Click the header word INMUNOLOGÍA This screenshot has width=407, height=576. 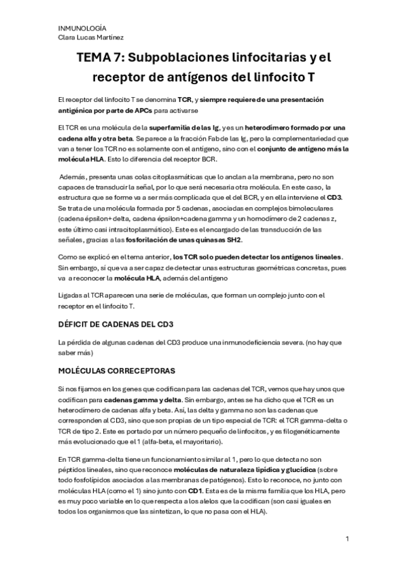[78, 27]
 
